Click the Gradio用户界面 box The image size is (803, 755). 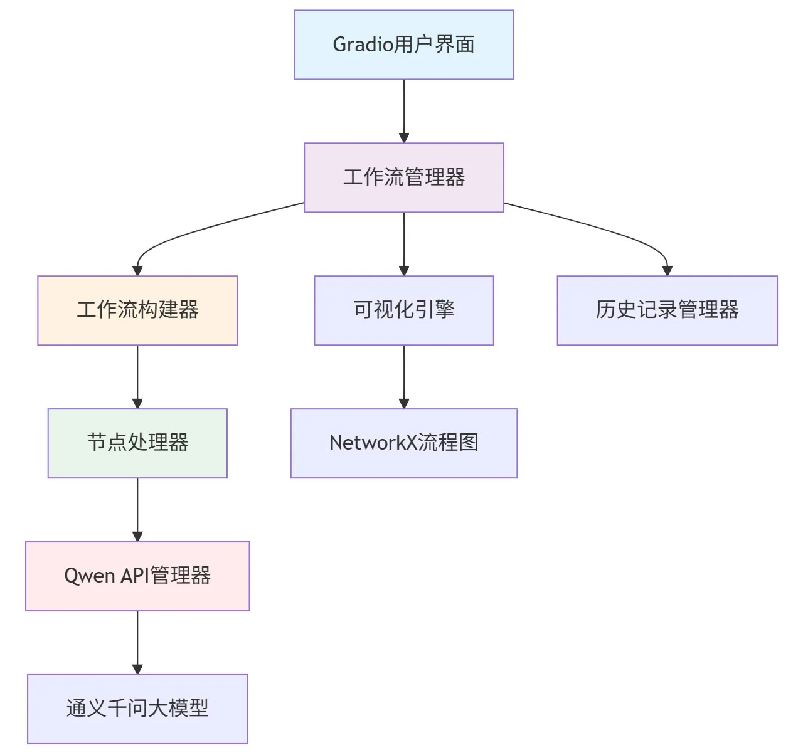click(404, 45)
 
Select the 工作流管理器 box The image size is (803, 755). click(404, 177)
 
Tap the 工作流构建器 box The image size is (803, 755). click(137, 310)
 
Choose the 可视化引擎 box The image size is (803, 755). click(404, 310)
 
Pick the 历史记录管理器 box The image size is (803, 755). click(667, 310)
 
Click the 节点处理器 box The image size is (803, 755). click(137, 443)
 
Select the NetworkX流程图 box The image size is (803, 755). click(404, 443)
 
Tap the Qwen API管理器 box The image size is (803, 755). click(137, 576)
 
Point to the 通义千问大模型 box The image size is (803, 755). click(137, 709)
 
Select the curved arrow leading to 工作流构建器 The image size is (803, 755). click(188, 233)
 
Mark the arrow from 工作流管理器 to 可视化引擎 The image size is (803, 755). click(404, 244)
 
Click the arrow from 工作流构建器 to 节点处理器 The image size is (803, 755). click(137, 377)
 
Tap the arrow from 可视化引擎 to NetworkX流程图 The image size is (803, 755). click(404, 377)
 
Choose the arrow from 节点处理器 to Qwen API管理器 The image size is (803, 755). click(137, 510)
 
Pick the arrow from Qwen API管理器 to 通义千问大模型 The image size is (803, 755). click(137, 643)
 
